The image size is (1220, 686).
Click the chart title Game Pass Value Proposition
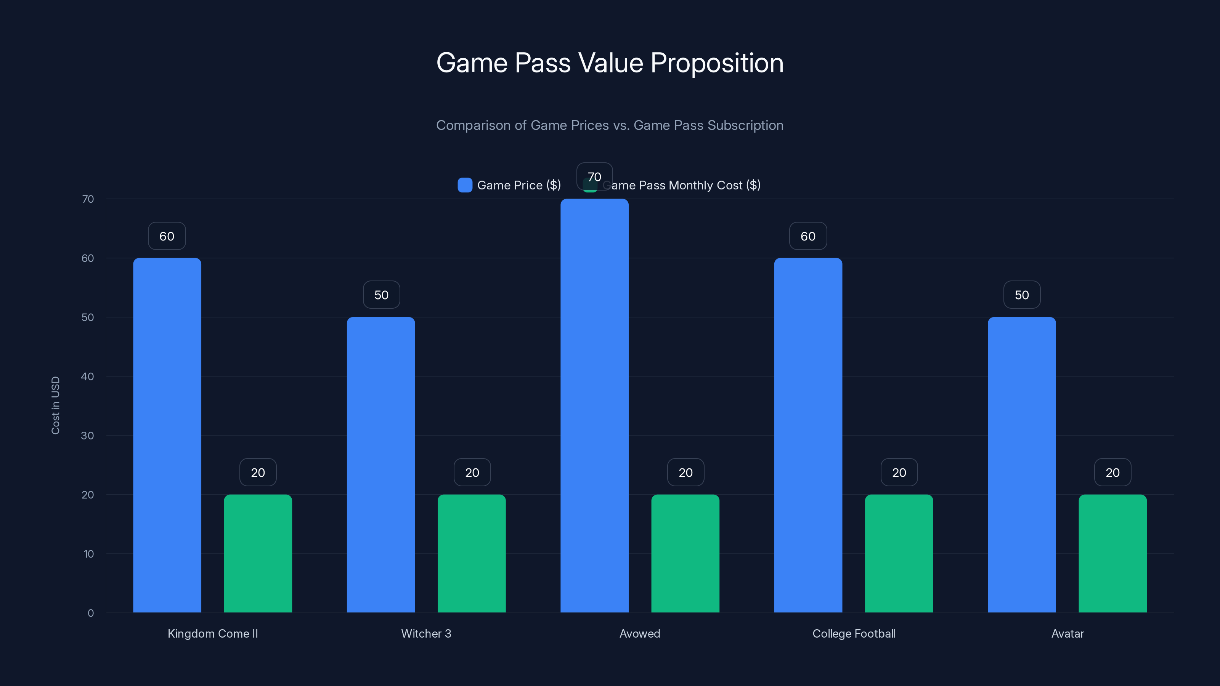coord(610,63)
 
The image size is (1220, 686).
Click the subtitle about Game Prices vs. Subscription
coord(610,125)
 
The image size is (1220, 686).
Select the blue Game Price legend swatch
coord(465,185)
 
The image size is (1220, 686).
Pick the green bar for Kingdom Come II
coord(258,554)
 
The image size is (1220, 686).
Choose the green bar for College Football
coord(899,554)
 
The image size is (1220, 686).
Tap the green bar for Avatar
coord(1112,554)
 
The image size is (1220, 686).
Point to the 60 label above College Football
coord(808,236)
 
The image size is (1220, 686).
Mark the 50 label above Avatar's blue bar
coord(1022,295)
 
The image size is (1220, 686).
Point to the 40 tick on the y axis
coord(88,377)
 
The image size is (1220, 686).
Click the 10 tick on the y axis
coord(88,554)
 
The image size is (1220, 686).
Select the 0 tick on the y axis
coord(90,613)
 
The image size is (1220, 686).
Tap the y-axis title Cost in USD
coord(55,405)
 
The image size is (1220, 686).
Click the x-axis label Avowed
coord(639,633)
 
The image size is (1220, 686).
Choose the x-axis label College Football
coord(854,633)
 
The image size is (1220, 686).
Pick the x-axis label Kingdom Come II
coord(213,633)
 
